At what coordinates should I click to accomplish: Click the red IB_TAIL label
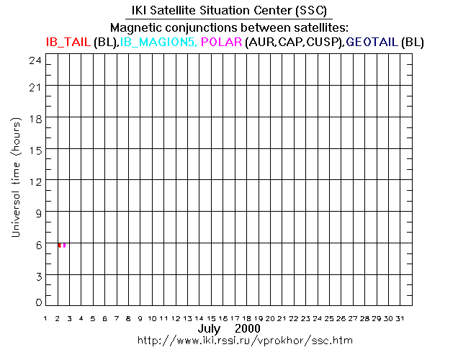(68, 42)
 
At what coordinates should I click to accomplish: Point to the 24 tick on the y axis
(35, 60)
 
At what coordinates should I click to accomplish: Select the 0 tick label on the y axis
(38, 302)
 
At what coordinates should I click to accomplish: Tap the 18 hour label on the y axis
(35, 119)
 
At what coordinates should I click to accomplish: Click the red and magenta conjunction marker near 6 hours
(62, 246)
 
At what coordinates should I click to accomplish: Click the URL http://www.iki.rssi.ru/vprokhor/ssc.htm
(228, 339)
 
